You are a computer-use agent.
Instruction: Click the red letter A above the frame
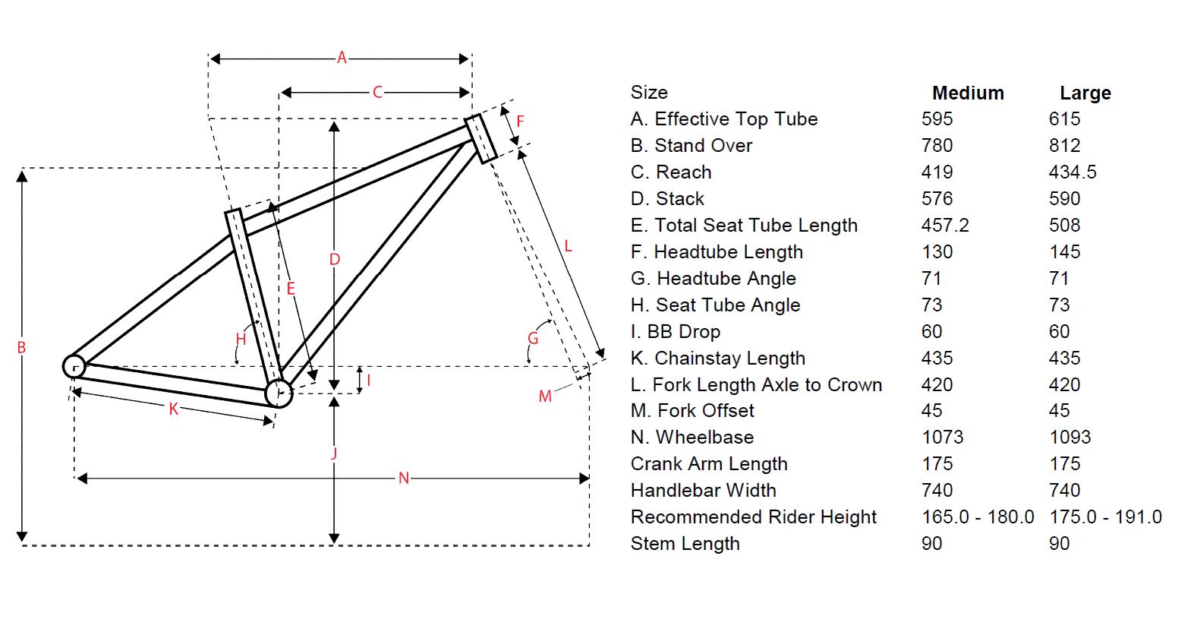342,58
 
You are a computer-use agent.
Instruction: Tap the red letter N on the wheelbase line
404,478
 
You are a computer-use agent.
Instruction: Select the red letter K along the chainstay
174,409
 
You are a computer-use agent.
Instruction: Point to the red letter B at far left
21,348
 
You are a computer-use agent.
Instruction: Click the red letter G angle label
533,339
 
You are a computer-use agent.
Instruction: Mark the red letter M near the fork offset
545,396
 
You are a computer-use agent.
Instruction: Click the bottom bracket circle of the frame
279,393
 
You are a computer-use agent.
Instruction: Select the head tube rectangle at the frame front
480,138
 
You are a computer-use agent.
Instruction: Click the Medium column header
968,93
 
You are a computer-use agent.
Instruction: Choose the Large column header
1085,93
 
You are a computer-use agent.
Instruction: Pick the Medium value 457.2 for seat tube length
945,226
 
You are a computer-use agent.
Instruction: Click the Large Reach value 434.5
1073,172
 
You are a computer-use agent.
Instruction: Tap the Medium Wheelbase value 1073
942,438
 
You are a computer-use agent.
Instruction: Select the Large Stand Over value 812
1064,146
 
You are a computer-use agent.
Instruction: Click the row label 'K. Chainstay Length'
717,358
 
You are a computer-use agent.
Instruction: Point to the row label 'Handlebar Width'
703,491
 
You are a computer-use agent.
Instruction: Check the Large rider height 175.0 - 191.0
1105,517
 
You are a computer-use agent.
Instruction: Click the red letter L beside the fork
568,245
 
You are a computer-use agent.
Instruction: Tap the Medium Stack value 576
937,199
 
